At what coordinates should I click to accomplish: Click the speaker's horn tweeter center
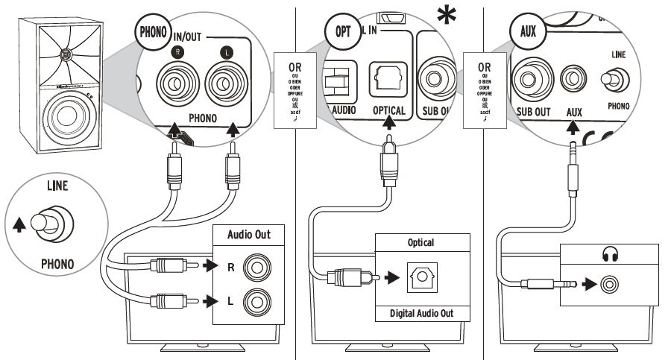click(68, 54)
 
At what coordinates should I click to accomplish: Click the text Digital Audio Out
click(421, 313)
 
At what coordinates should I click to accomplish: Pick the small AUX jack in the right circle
click(573, 77)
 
